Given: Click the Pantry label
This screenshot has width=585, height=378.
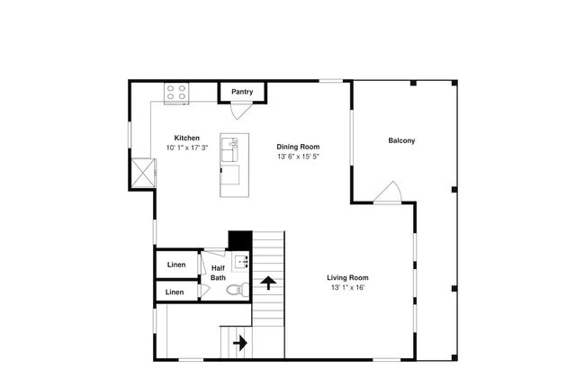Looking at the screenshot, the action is [242, 92].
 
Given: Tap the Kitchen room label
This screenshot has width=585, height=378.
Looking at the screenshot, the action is [187, 138].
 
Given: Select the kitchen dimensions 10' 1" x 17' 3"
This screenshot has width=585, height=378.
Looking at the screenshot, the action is [187, 148].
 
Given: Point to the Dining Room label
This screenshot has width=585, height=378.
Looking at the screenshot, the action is [298, 147].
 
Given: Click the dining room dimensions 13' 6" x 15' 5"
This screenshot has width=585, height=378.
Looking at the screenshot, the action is [298, 157].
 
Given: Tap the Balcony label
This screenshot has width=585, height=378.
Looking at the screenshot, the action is [401, 140].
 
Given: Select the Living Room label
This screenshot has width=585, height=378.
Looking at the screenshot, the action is [347, 277].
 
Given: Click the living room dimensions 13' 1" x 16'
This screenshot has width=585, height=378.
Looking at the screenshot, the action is [347, 288].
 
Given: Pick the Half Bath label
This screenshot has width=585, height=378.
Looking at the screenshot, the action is [219, 273].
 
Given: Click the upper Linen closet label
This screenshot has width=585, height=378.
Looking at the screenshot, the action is [176, 265].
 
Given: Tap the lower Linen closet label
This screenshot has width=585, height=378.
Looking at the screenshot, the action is [175, 292].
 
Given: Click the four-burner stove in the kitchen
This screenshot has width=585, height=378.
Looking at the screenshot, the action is [176, 93].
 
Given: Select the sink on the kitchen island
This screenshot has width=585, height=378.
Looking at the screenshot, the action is [229, 149].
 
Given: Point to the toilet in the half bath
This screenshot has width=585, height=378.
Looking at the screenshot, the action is [238, 289].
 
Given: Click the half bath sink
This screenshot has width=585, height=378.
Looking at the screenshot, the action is [241, 262].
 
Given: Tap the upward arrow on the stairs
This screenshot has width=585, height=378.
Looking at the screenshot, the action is [268, 283].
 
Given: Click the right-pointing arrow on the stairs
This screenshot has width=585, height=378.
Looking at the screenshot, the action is [240, 343].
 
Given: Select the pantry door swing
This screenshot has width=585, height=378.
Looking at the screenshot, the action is [238, 112].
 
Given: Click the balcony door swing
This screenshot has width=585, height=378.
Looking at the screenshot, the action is [388, 193].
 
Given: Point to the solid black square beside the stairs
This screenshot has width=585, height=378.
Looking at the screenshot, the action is [240, 240].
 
